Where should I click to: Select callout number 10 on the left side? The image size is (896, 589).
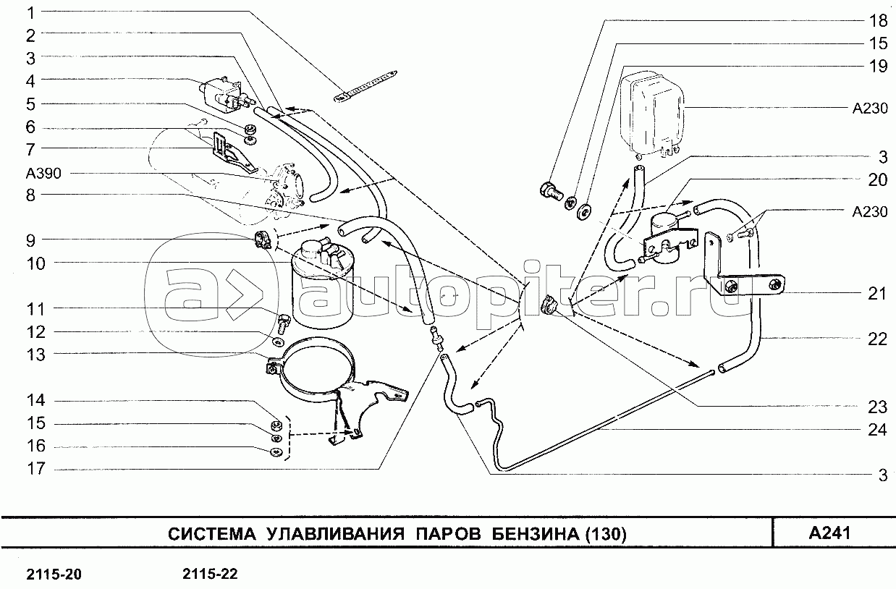[x=35, y=264]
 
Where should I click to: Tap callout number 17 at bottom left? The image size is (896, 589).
[x=35, y=469]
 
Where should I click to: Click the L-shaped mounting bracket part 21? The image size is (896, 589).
[x=724, y=268]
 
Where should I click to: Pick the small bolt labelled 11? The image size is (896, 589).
[x=284, y=318]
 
